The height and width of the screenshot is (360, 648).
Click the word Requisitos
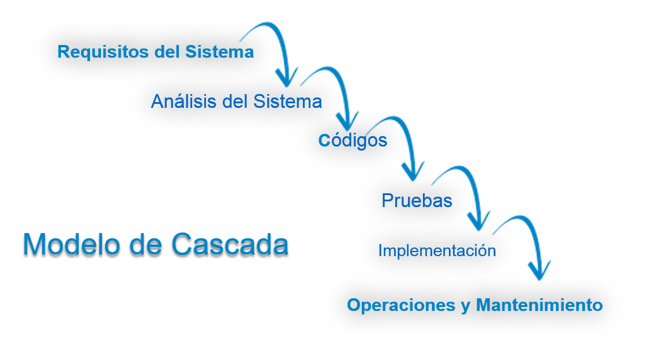tap(103, 52)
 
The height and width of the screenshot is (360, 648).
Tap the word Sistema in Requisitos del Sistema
tap(219, 52)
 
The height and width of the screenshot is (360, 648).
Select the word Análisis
tap(184, 101)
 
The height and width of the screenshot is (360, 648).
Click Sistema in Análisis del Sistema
tap(287, 102)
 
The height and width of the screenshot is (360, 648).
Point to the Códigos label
tap(353, 141)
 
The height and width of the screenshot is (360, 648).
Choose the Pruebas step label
tap(417, 200)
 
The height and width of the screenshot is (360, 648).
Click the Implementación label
tap(437, 250)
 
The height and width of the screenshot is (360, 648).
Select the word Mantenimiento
tap(540, 305)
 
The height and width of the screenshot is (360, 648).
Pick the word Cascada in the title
tap(230, 244)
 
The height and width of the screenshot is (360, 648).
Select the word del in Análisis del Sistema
tap(235, 102)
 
